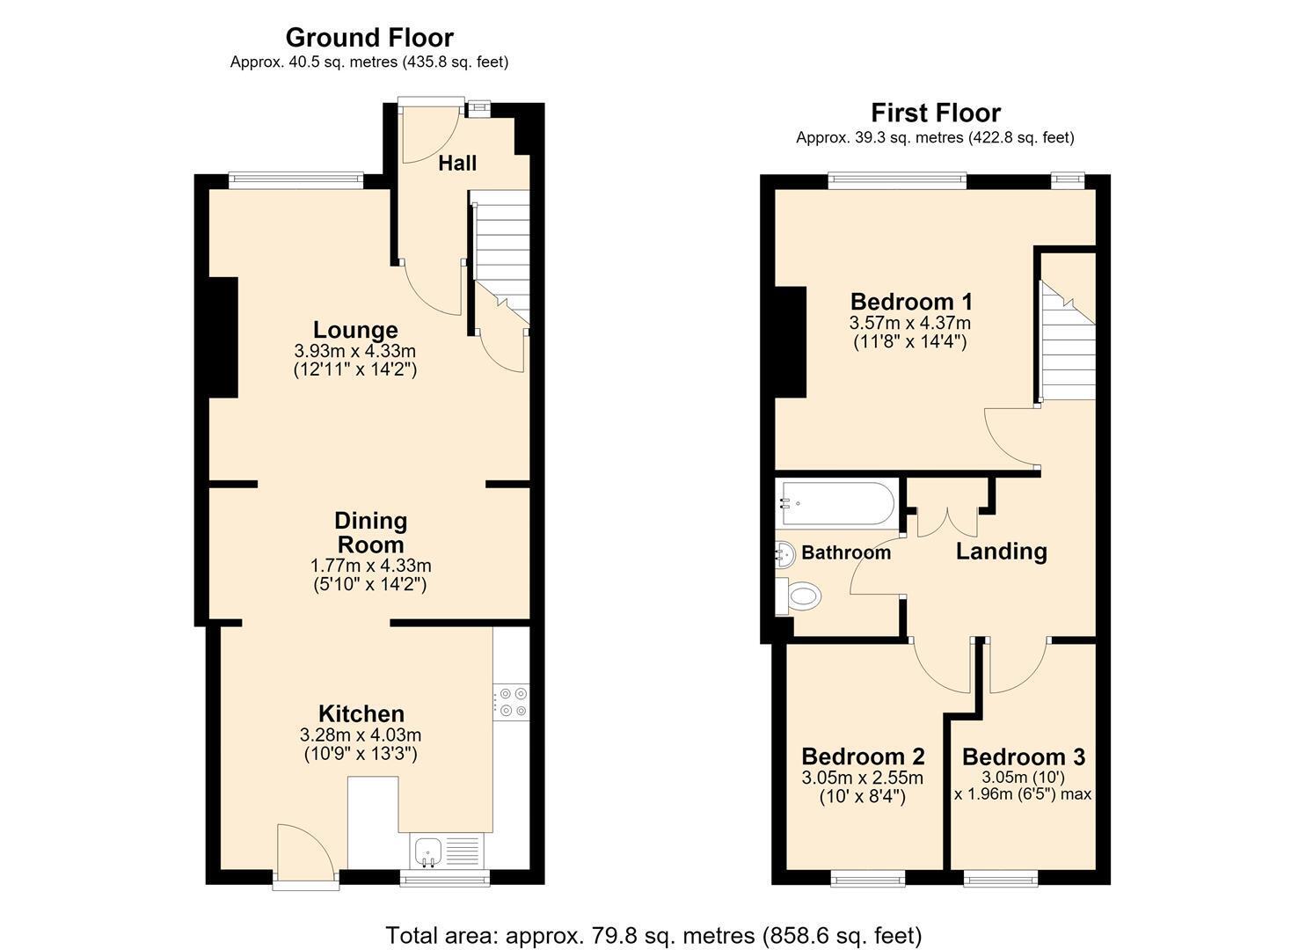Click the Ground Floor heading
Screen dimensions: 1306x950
[x=369, y=38]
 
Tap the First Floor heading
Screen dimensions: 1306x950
[x=935, y=113]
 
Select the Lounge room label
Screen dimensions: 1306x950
[x=355, y=330]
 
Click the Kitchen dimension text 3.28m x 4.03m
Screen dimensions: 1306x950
[x=361, y=735]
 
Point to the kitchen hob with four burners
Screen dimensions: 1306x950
[x=511, y=702]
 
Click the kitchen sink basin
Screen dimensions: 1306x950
[x=428, y=851]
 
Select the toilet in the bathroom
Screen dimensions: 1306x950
[x=799, y=596]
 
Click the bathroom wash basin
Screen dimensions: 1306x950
[x=784, y=554]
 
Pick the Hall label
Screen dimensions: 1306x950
[x=457, y=164]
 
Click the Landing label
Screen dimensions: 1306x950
[x=1001, y=552]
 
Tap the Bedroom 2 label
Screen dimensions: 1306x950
[x=863, y=756]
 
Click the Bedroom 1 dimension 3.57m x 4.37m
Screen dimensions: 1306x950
[x=909, y=323]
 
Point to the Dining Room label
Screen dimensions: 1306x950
[x=371, y=532]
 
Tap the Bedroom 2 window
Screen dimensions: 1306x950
[x=867, y=878]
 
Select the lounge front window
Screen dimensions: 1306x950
[x=296, y=180]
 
